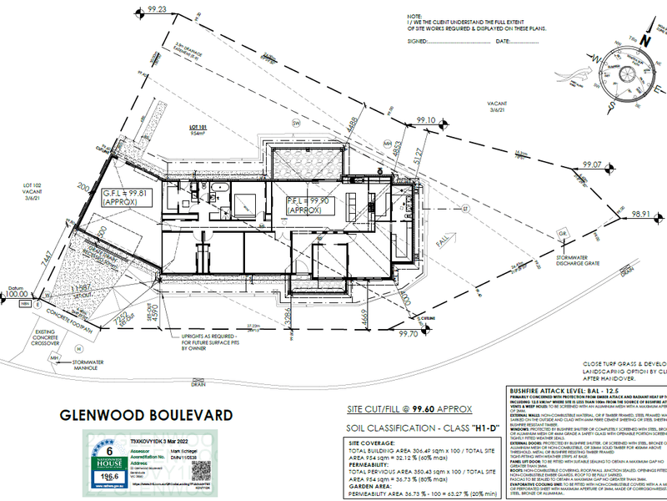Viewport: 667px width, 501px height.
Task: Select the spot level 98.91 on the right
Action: pos(639,214)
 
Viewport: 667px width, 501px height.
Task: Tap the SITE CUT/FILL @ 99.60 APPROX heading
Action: pos(409,409)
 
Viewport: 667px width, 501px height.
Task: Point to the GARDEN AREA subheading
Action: pos(370,487)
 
